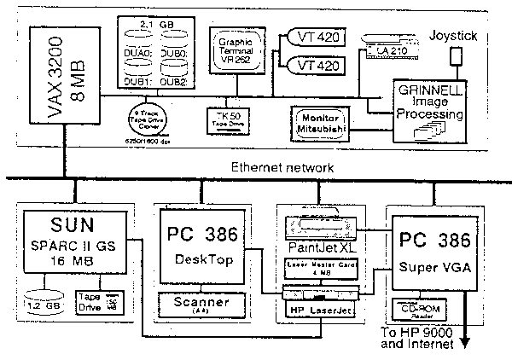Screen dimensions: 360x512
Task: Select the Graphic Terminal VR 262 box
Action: (x=238, y=48)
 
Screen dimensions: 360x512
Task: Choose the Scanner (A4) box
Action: (x=202, y=304)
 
